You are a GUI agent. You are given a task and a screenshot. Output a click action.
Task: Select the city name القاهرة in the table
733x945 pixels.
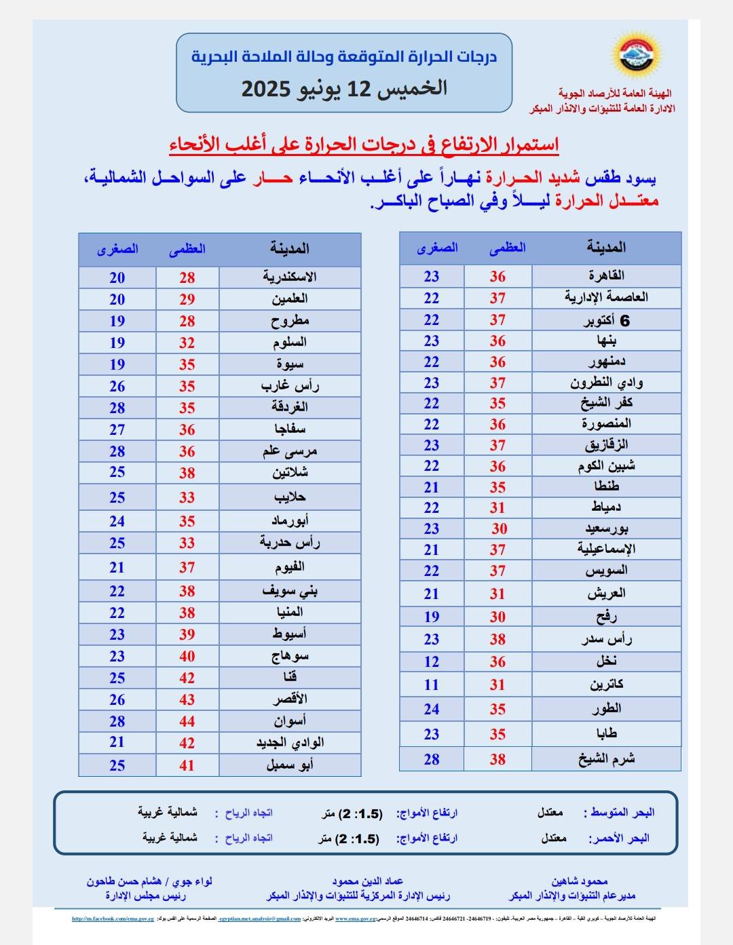pyautogui.click(x=606, y=275)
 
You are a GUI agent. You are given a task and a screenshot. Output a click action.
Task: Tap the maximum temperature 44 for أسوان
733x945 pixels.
pyautogui.click(x=187, y=721)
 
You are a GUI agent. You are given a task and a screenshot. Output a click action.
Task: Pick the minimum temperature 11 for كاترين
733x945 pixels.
pyautogui.click(x=432, y=685)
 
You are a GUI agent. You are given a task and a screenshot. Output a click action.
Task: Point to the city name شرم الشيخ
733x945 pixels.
pyautogui.click(x=606, y=759)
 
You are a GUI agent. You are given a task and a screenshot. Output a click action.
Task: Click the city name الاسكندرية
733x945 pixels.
pyautogui.click(x=290, y=277)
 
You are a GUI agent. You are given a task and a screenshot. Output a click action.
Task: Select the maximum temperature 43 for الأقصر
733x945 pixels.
pyautogui.click(x=187, y=699)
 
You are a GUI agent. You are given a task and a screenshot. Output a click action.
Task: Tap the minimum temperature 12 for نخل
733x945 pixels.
pyautogui.click(x=432, y=661)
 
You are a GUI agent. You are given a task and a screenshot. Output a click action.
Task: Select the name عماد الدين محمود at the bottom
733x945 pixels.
pyautogui.click(x=358, y=881)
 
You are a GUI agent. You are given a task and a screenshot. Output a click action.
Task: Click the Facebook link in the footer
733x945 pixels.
pyautogui.click(x=113, y=919)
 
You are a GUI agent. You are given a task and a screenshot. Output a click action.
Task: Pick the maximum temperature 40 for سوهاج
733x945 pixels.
pyautogui.click(x=187, y=656)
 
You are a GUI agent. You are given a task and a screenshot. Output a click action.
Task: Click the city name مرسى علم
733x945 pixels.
pyautogui.click(x=290, y=451)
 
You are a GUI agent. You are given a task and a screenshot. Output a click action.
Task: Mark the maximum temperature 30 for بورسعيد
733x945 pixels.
pyautogui.click(x=499, y=528)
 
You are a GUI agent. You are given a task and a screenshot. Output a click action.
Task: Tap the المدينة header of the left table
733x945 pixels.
pyautogui.click(x=290, y=248)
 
